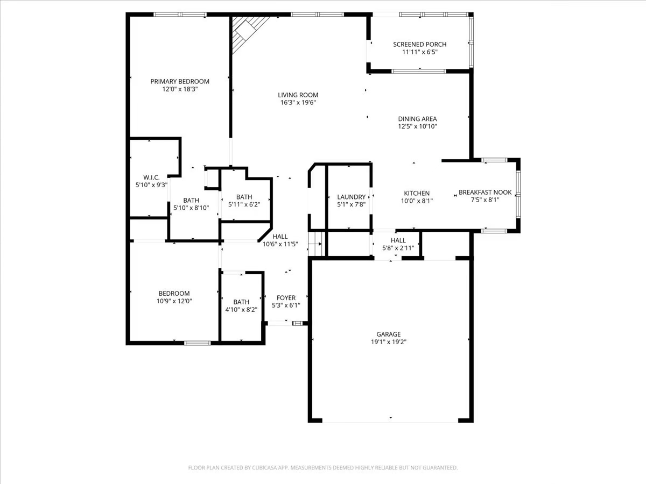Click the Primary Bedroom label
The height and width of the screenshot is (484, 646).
coord(180,82)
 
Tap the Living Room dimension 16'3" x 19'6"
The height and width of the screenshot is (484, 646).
coord(298,102)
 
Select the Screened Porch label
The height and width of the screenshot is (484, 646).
coord(419,45)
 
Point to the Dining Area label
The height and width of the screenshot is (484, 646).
coord(417,119)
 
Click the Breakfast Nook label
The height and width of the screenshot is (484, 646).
coord(485,193)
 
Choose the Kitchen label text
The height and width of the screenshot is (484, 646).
coord(417,194)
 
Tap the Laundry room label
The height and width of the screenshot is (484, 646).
coord(351,197)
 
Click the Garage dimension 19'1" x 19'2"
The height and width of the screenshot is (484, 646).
coord(388,341)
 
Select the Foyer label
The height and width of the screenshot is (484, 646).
coord(286,298)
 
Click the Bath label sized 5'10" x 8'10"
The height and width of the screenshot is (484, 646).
coord(191,200)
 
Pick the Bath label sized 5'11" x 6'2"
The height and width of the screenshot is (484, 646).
coord(244,197)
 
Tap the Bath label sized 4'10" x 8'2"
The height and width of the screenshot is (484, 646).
coord(241,302)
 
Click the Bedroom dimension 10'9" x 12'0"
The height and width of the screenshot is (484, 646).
coord(174,301)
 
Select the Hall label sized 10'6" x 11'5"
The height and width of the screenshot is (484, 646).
coord(280,237)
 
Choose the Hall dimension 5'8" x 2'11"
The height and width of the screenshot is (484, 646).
coord(398,248)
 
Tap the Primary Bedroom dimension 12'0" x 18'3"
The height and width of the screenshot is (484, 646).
coord(180,89)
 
